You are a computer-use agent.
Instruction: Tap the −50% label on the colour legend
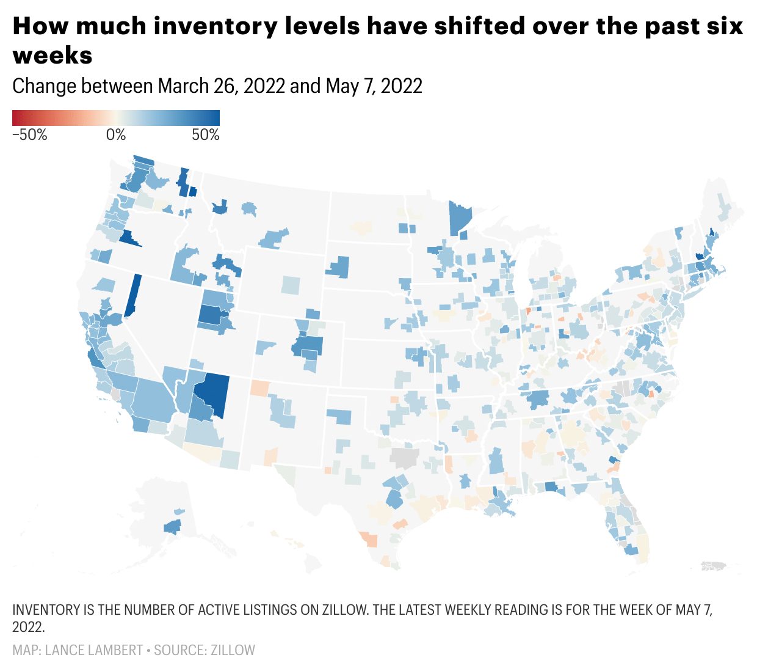(x=29, y=135)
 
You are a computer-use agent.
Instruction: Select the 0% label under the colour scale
(x=116, y=135)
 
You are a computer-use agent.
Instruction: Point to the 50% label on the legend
(x=206, y=135)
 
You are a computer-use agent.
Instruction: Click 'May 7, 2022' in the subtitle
(x=374, y=86)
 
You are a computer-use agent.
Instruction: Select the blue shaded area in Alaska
(x=172, y=526)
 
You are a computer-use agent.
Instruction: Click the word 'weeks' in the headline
(x=53, y=56)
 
